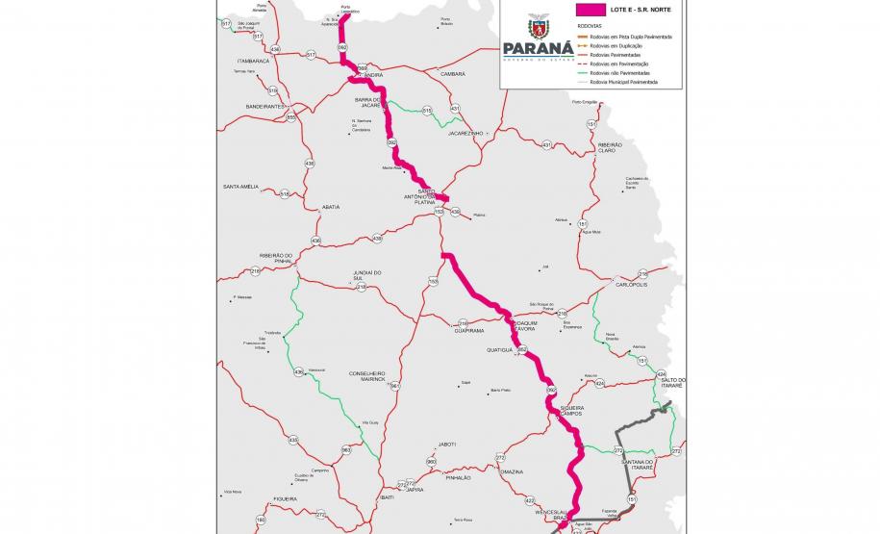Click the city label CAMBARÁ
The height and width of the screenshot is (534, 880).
point(452,73)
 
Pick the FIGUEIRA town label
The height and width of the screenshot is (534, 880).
point(284,498)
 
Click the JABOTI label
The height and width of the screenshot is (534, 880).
point(446,444)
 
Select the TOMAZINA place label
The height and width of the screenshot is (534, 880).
point(512,471)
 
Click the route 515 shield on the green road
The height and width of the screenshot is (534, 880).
point(427,111)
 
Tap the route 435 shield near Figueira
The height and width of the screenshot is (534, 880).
point(293,440)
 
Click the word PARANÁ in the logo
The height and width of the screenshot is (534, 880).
point(538,49)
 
